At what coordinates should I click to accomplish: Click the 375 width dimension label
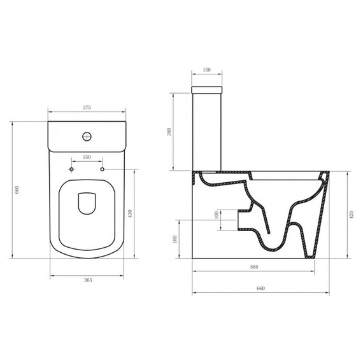87,108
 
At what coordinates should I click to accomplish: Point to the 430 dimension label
130,213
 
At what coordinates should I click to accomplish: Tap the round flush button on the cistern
87,136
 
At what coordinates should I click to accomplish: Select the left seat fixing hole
72,170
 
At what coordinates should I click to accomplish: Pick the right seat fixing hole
103,170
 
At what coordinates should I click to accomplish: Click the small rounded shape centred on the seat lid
87,204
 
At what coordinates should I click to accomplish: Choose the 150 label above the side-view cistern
206,71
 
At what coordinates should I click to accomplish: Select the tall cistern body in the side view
207,131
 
